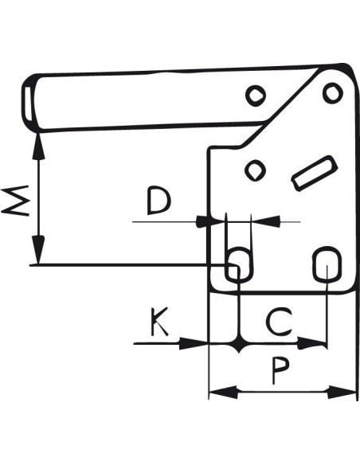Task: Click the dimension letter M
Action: (x=15, y=201)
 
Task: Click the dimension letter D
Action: (x=159, y=201)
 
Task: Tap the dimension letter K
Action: (x=159, y=322)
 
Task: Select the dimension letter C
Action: (x=279, y=322)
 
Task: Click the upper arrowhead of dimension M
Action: (x=38, y=147)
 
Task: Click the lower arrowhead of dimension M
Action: (x=38, y=249)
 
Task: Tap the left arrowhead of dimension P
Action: (x=223, y=392)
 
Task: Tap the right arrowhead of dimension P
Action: (x=342, y=392)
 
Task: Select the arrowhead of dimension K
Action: (x=194, y=343)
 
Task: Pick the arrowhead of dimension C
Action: (x=311, y=343)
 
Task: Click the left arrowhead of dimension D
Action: (x=209, y=221)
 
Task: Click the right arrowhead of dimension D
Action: (x=266, y=221)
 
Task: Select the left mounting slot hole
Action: (x=239, y=264)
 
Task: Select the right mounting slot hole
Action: (x=327, y=264)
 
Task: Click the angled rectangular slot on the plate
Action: (x=315, y=174)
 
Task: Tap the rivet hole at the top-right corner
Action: (x=333, y=93)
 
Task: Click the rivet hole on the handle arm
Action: (x=256, y=96)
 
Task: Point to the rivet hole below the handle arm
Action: (x=256, y=170)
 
